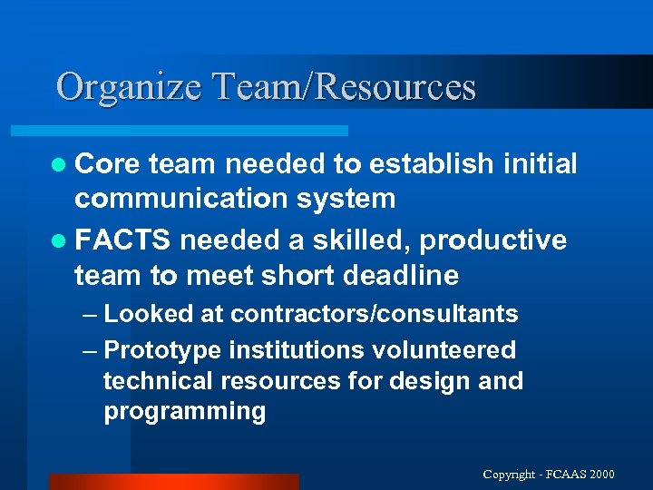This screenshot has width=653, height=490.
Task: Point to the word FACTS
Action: coord(122,240)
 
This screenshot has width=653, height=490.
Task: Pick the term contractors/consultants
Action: coord(375,315)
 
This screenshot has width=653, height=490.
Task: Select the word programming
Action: coord(185,411)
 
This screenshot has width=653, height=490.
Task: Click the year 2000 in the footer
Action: coord(600,475)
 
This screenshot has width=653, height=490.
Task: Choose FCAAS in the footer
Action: coord(565,475)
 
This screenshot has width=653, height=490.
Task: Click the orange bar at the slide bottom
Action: coord(172,482)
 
